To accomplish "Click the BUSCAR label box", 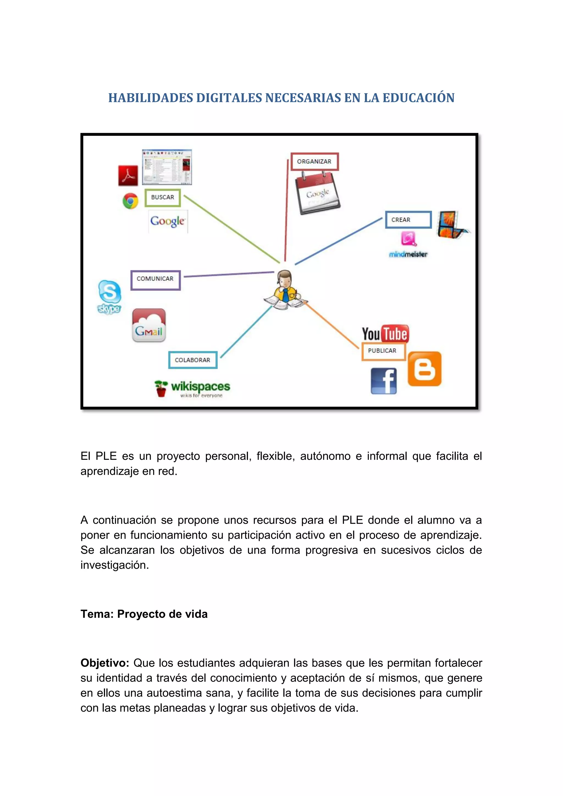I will click(x=162, y=198).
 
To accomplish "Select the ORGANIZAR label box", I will click(x=314, y=162).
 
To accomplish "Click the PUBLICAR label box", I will click(x=383, y=351).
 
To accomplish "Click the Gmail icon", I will click(x=149, y=325).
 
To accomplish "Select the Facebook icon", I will click(x=383, y=381).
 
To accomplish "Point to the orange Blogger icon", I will click(x=424, y=369).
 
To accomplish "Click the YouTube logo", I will click(x=385, y=333).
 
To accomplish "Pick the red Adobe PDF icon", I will click(x=128, y=175).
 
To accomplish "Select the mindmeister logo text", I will click(x=408, y=255).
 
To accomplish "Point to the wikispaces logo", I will click(x=193, y=388).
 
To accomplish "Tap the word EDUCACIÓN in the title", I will click(x=418, y=98).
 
